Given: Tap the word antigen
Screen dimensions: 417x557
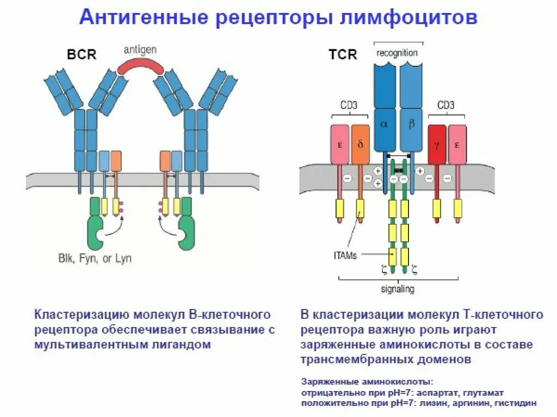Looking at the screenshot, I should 140,49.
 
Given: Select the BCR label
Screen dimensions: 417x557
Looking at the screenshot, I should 82,55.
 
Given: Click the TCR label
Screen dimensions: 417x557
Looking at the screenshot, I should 343,55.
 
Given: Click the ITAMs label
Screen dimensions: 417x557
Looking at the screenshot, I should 345,255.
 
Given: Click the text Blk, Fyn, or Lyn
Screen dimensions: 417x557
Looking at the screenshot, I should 95,258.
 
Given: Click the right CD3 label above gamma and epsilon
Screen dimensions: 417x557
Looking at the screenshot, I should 445,105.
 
